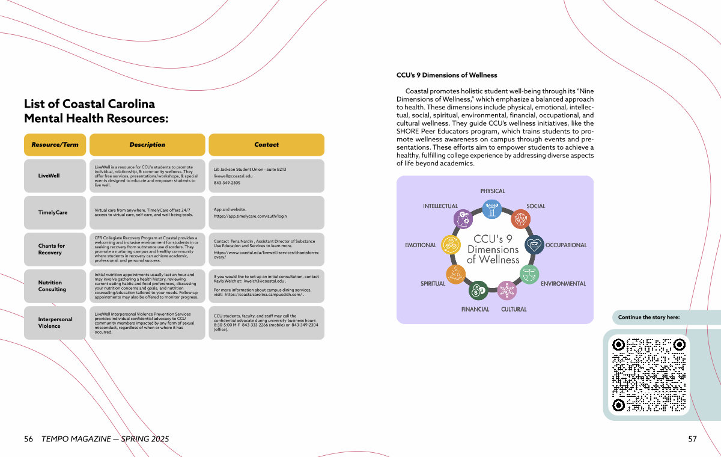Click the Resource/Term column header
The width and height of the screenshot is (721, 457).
tap(55, 145)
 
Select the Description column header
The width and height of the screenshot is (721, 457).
tap(147, 145)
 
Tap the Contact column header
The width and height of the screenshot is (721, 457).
tap(266, 145)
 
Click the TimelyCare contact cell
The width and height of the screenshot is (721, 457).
tap(266, 213)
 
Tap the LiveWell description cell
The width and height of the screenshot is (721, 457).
tap(147, 176)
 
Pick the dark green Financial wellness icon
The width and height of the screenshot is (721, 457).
tap(478, 291)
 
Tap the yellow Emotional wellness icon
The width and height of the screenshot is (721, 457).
tap(451, 244)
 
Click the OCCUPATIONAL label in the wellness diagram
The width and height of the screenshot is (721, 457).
tap(566, 245)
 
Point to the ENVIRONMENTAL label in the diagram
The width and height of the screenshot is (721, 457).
tap(563, 283)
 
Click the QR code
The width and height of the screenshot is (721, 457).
tap(648, 375)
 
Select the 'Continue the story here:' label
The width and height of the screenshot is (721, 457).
tap(649, 317)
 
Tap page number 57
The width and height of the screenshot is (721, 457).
tap(692, 439)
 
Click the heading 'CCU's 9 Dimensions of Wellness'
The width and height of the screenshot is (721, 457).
tap(447, 75)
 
